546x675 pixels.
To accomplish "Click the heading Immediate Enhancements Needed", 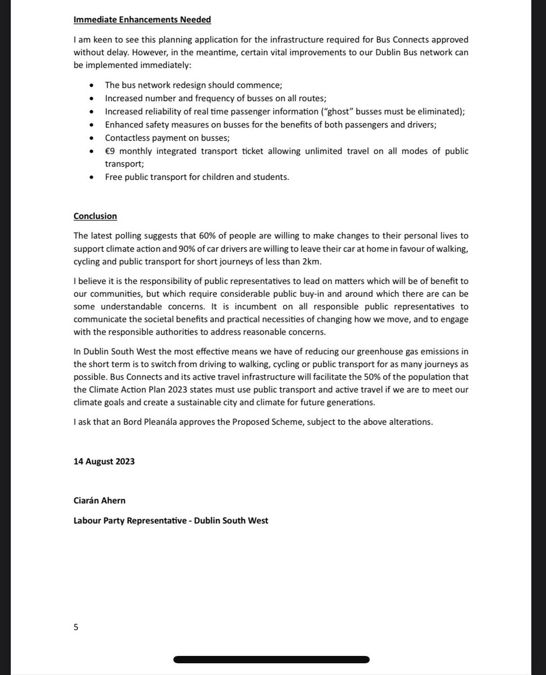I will [x=142, y=20].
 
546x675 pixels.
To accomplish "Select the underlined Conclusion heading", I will [x=95, y=215].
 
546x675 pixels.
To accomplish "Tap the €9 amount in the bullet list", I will [x=111, y=151].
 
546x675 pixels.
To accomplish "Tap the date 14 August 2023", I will [x=104, y=461].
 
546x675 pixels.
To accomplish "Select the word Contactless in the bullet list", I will [x=127, y=138].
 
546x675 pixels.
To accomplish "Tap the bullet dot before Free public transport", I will [x=92, y=177].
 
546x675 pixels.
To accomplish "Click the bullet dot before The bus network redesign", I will [x=92, y=85].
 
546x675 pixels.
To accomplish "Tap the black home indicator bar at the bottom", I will [x=271, y=660].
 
